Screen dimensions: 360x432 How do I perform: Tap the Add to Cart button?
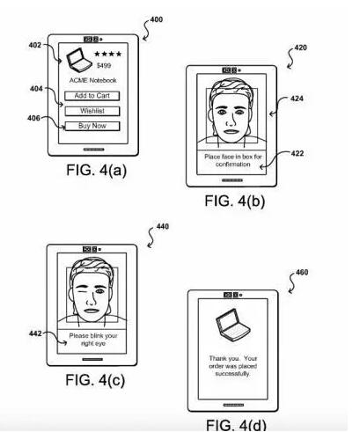click(x=92, y=96)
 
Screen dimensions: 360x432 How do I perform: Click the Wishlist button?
click(x=92, y=111)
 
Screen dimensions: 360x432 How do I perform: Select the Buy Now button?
click(x=92, y=126)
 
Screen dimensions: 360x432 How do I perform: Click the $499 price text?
click(x=104, y=65)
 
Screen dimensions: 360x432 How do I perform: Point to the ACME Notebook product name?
click(x=93, y=80)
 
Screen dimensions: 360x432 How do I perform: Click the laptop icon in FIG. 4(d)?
click(x=233, y=325)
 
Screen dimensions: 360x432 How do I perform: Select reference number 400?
click(x=157, y=19)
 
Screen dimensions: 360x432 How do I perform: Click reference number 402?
click(x=35, y=45)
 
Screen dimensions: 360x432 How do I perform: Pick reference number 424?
click(x=297, y=99)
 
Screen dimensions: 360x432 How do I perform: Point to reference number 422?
click(x=298, y=153)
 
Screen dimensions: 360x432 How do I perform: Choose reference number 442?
click(x=35, y=333)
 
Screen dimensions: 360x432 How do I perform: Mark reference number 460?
click(x=302, y=273)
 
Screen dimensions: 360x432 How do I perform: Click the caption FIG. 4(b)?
click(x=235, y=201)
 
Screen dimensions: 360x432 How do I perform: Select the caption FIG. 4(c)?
click(x=95, y=380)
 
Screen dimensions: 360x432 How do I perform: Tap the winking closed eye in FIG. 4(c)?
click(x=83, y=291)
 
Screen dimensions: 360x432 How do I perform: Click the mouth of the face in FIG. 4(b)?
click(x=231, y=131)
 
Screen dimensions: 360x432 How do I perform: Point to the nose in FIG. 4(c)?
click(x=92, y=299)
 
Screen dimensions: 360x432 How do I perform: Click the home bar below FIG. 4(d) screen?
click(x=233, y=405)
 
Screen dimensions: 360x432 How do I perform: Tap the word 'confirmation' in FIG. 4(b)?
click(x=233, y=165)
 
